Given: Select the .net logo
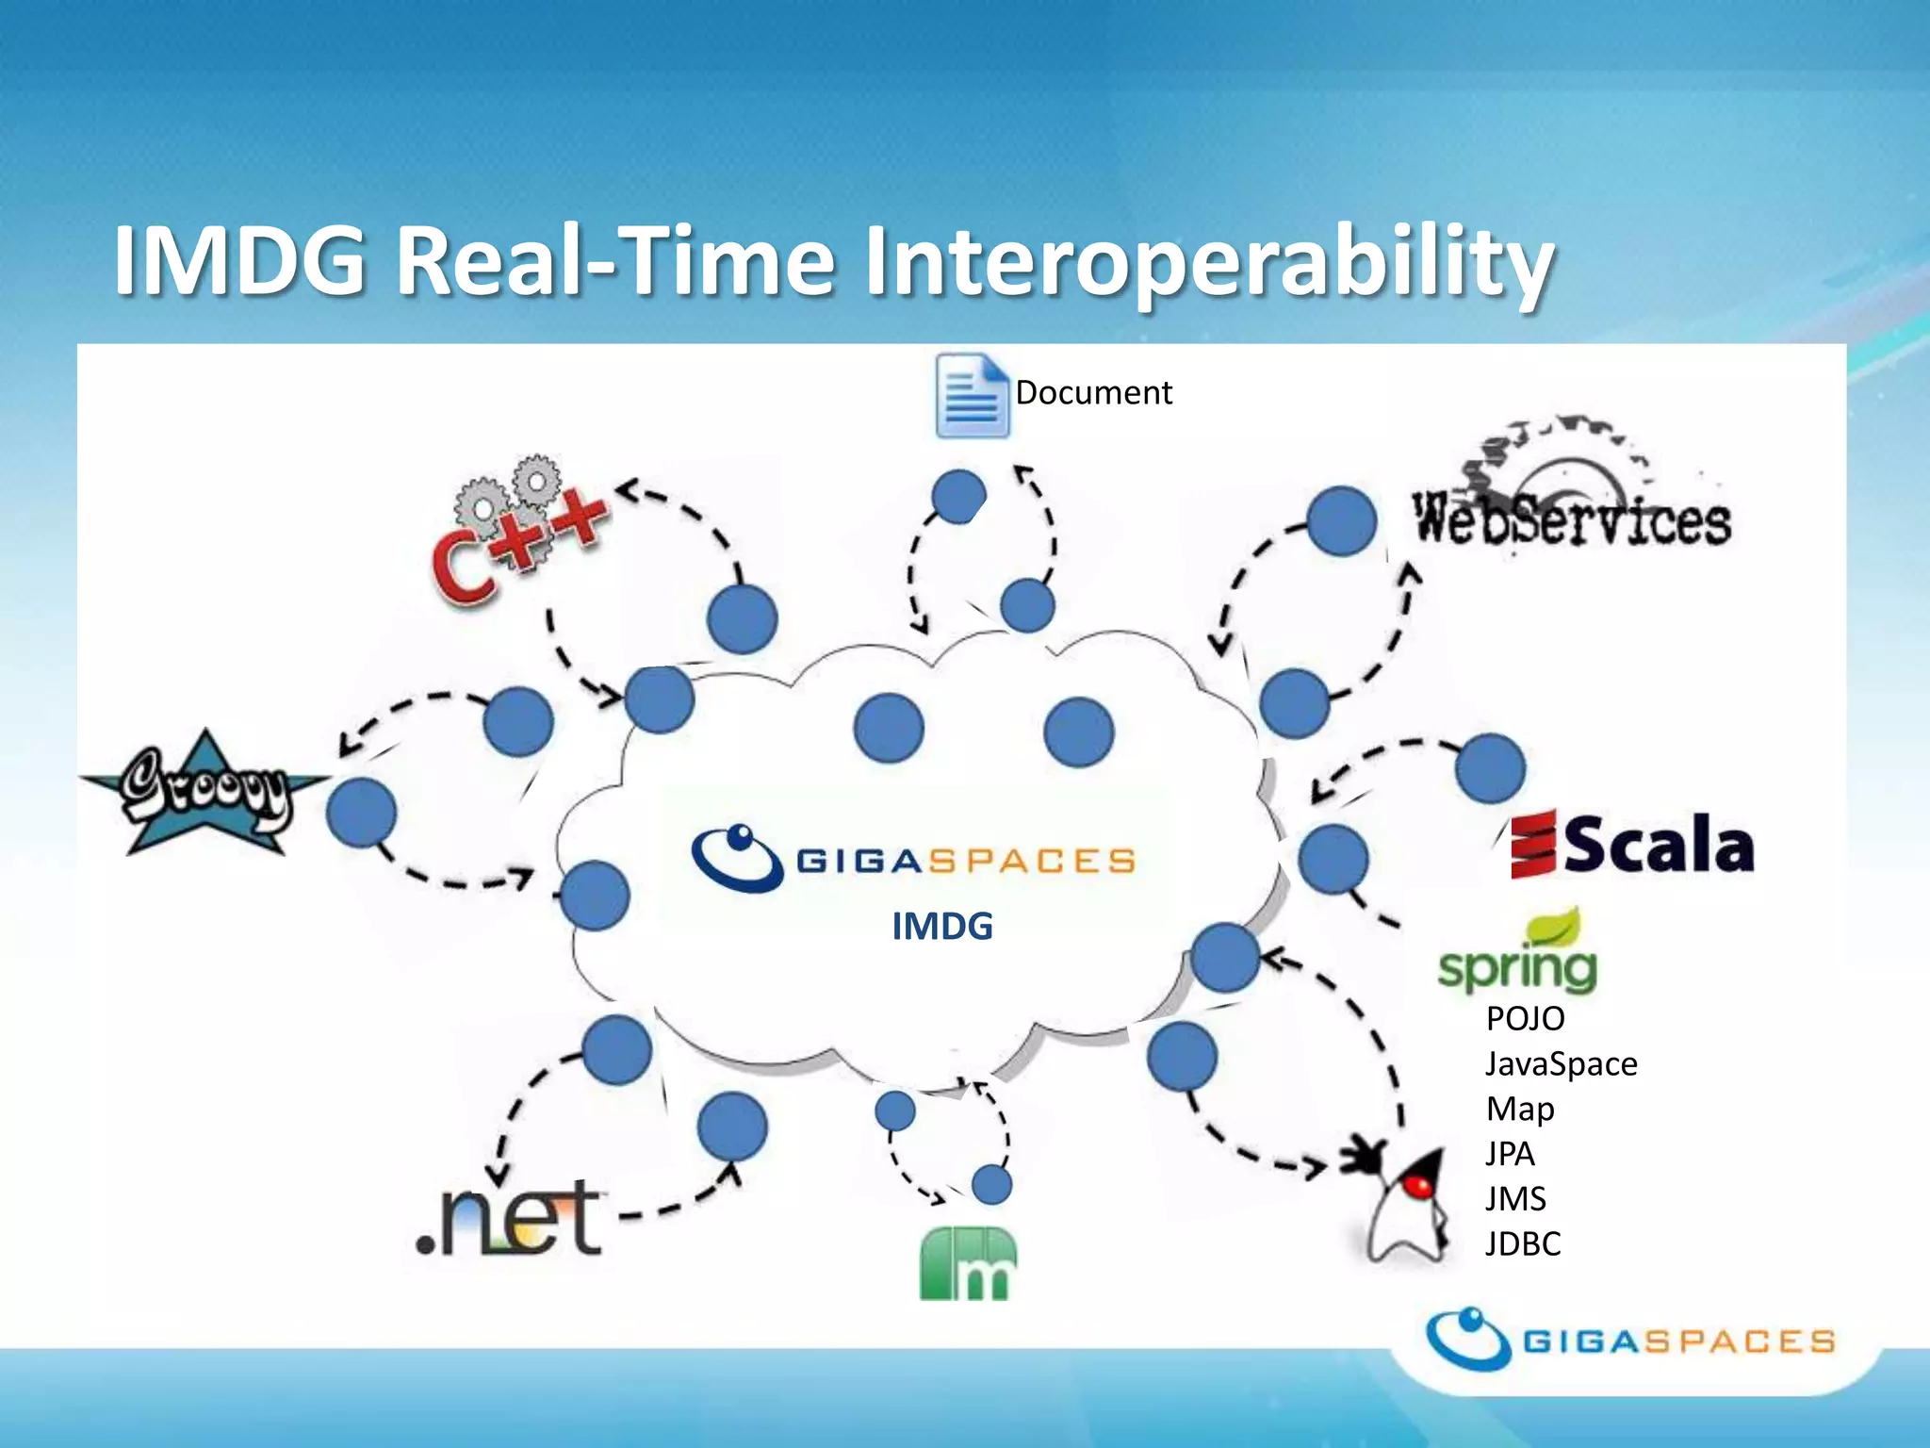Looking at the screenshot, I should [510, 1221].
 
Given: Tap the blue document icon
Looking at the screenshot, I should [972, 396].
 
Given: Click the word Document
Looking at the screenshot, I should [1093, 393].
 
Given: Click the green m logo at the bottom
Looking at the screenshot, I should [968, 1263].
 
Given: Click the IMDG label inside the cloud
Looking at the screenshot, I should [941, 927].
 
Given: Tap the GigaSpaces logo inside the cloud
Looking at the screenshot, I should [914, 859].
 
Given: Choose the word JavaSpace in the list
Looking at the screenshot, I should [1561, 1064].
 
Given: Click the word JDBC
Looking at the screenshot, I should [1522, 1244].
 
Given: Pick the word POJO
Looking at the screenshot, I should [1525, 1019].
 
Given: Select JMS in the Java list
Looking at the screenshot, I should [1515, 1199].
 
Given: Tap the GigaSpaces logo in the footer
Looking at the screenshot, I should [1630, 1340].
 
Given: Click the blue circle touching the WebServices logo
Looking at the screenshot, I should [1342, 521].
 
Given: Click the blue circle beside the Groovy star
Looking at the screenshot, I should [362, 813].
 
